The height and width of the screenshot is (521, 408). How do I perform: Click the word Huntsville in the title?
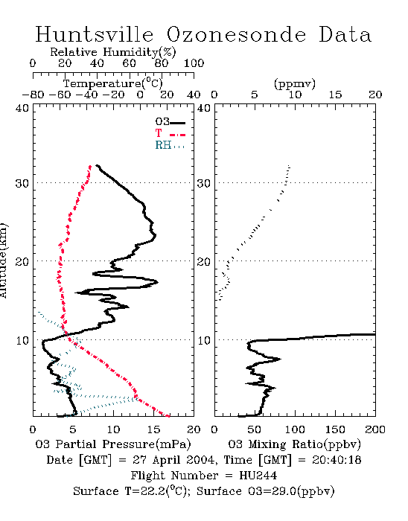tap(95, 34)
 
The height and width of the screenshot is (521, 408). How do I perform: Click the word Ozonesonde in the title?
tap(236, 34)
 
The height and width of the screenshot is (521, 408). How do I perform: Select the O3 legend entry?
tap(170, 121)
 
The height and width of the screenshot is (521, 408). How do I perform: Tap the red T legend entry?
tap(170, 133)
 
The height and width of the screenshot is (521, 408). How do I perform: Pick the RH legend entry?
tap(170, 145)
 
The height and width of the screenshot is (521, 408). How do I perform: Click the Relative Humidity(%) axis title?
tap(113, 52)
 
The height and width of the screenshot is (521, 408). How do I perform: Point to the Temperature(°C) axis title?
tap(113, 83)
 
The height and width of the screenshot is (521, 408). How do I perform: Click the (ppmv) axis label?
tap(295, 83)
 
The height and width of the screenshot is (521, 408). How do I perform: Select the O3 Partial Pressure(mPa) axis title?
tap(113, 444)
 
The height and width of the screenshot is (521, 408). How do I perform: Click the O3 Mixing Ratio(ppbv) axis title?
tap(294, 444)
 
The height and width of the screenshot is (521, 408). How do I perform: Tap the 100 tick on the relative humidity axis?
tap(194, 63)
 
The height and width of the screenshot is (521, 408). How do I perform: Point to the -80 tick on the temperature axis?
tap(34, 95)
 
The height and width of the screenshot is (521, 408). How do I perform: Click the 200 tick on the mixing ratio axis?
tap(375, 429)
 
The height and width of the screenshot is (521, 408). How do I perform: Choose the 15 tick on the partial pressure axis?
tap(153, 429)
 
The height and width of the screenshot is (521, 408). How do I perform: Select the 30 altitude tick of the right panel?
tap(204, 183)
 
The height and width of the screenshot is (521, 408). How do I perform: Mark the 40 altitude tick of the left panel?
tap(22, 108)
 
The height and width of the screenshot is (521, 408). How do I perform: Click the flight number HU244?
tap(258, 476)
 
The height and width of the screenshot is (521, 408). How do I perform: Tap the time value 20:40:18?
tap(337, 460)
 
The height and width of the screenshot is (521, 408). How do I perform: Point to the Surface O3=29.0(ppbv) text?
tap(266, 491)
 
